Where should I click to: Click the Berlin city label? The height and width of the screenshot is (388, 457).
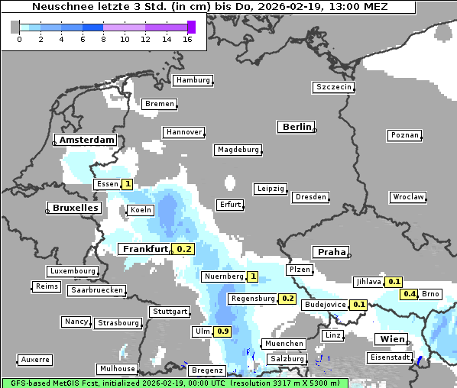coord(297,127)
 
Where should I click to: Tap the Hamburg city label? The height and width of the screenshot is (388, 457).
coord(192,80)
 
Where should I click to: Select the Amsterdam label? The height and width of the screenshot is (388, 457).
coord(87,141)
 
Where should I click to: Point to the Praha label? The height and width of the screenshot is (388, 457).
coord(332,252)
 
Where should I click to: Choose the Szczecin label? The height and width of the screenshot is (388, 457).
coord(333,87)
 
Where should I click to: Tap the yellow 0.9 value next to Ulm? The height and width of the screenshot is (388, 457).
coord(222,331)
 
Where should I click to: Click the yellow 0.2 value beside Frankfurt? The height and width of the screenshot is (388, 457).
coord(184,249)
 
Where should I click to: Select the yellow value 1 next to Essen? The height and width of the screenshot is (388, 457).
coord(127,184)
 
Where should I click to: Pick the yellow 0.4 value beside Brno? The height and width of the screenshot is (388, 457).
coord(409,294)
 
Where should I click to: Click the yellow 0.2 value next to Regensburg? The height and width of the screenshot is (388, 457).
coord(288,299)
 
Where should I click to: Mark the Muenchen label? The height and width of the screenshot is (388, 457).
coord(283,344)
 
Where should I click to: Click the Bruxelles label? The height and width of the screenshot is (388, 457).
coord(75,208)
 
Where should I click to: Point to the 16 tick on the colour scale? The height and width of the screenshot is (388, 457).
coord(187,39)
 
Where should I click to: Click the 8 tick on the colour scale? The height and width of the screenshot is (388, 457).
coord(103,39)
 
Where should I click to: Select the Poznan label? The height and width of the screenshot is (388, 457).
coord(405,135)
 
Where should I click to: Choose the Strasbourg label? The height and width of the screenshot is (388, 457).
coord(118,323)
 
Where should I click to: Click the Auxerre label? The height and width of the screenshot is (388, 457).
coord(35,359)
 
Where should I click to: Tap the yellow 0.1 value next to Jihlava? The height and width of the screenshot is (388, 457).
coord(394,282)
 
